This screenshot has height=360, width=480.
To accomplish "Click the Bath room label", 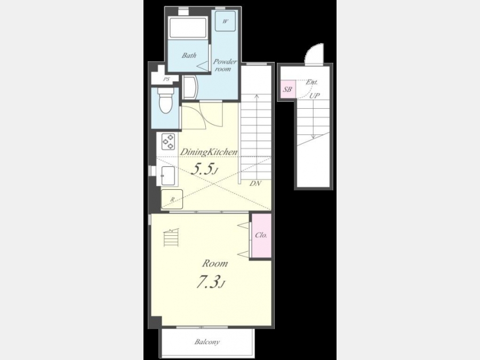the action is tap(189, 55).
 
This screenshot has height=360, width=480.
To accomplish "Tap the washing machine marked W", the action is tap(225, 21).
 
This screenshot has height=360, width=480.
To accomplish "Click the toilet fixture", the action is tap(165, 100).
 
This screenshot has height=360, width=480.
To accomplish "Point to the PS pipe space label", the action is tap(166, 79).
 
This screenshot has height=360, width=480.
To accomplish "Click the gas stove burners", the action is tap(168, 141).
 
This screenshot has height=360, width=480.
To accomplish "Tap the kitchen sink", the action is tap(168, 175).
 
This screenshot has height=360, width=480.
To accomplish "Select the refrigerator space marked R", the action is tap(172, 199).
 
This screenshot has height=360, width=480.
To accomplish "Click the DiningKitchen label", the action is tap(209, 152).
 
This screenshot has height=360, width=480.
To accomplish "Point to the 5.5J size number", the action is tap(204, 169).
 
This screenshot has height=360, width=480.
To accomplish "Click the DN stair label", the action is tap(255, 183).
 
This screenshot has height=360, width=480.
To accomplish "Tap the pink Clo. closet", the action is tap(261, 235).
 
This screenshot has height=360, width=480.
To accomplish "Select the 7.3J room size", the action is tap(211, 282).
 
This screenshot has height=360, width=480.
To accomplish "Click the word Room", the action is tap(215, 263).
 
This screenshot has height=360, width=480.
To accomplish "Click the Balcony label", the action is tap(207, 342).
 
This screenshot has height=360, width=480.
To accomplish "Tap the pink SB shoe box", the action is tap(287, 90).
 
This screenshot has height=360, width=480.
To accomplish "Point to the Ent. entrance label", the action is tap(311, 82).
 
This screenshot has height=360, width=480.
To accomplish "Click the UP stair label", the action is tap(314, 95).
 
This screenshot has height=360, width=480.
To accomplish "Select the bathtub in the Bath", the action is tap(188, 28).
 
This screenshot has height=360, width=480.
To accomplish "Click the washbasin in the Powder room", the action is tap(190, 87).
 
